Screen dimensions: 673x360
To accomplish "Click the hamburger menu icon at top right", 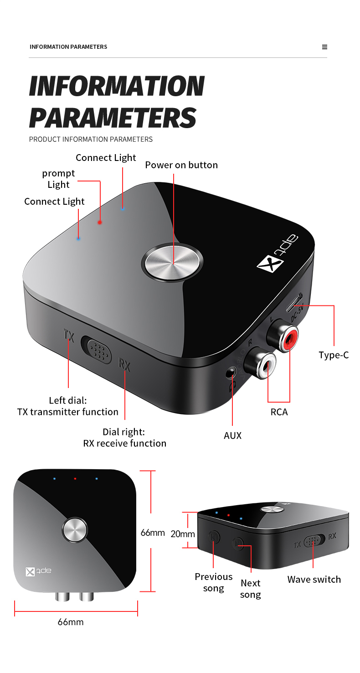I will point(324,47).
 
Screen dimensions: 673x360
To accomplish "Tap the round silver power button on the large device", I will point(173,264).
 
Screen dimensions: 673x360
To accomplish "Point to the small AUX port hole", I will point(231,373).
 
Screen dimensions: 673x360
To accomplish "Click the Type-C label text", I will point(334,355).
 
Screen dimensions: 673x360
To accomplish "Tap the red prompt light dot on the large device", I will point(100,223).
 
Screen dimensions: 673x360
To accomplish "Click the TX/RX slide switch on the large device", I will point(97,350).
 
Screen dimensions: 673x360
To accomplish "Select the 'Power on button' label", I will point(181,165).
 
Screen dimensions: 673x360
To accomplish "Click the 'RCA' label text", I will point(279,412).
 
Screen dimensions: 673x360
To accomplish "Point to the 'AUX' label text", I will point(232,436).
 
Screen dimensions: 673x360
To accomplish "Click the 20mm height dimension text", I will point(182,534).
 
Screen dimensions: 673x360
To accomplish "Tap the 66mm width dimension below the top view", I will point(71,622).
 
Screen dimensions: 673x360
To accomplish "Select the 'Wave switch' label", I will point(314,580).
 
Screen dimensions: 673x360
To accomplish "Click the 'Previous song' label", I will point(214,582).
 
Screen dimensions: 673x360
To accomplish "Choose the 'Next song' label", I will point(250,589).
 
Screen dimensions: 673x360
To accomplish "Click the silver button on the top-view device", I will point(74,530).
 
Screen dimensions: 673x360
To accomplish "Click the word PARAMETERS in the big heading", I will point(113,118).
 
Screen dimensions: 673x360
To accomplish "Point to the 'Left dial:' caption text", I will point(68,400).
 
